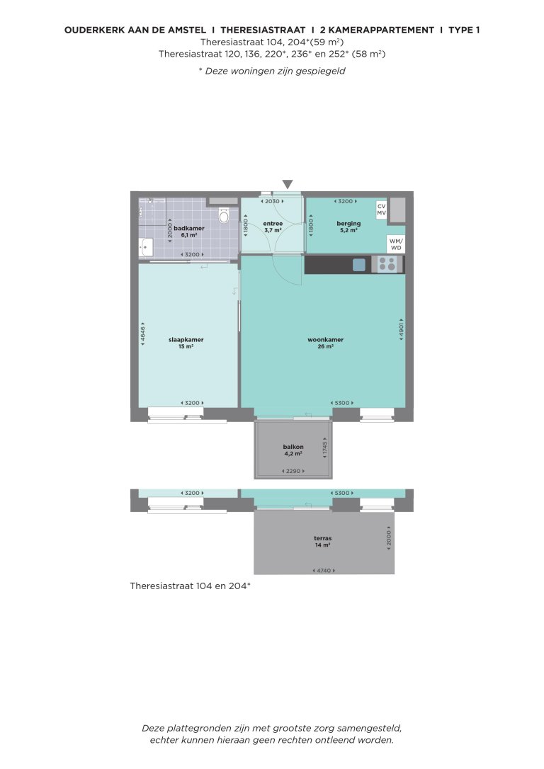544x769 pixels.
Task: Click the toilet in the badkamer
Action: click(225, 215)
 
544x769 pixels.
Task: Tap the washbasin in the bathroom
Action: click(144, 247)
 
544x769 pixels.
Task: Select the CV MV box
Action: click(381, 210)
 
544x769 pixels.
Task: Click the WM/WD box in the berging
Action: click(396, 244)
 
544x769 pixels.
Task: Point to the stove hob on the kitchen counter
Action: click(387, 264)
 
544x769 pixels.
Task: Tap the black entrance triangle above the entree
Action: click(288, 184)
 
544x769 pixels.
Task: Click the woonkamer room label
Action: click(326, 340)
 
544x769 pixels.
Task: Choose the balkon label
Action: click(293, 447)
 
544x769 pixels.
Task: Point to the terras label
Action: click(324, 539)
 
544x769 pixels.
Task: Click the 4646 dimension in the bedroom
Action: click(142, 335)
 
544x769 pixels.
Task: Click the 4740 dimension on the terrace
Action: click(324, 570)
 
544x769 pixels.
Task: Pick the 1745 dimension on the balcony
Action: click(325, 447)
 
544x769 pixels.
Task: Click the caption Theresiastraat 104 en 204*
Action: click(191, 586)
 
